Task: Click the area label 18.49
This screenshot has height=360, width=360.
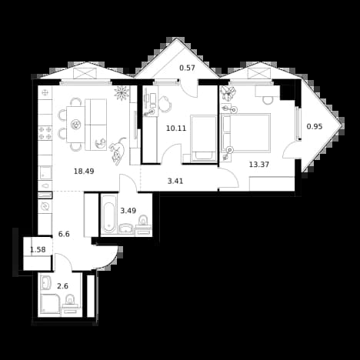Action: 84,171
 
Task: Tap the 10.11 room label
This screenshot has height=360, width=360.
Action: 176,128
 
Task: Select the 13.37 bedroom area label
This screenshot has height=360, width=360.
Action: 259,165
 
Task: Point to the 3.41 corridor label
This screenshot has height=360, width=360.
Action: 175,182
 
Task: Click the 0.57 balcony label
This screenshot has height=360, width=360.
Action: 187,68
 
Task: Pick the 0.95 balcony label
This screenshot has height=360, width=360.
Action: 315,126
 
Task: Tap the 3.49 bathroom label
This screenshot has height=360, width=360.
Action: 128,211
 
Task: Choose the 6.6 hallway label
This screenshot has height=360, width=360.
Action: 64,234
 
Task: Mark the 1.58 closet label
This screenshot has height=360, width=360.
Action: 38,249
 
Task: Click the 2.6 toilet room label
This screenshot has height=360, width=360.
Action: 62,286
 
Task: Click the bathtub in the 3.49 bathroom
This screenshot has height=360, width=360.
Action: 109,215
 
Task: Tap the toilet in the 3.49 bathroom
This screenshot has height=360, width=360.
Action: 143,221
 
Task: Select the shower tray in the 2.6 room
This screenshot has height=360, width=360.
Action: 50,304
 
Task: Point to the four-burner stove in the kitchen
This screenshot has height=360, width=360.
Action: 45,133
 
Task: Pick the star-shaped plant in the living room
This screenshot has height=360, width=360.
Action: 122,93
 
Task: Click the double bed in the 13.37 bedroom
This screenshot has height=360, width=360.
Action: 246,133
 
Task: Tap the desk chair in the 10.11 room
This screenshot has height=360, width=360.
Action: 166,104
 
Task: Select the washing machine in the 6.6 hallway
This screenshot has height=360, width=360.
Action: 45,207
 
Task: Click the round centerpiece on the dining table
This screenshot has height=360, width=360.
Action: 76,125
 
